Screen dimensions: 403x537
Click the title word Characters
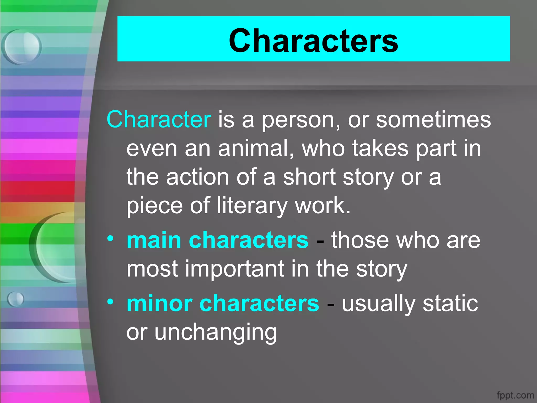313,41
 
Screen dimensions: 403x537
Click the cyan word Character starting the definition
159,120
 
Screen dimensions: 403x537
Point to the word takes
380,148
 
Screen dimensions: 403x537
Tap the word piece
154,206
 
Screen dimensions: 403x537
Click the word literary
252,206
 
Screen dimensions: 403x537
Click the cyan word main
154,240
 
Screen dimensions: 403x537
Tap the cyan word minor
159,303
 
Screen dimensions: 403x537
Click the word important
235,269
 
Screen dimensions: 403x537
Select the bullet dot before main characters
110,238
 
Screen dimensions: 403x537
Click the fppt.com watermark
515,395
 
